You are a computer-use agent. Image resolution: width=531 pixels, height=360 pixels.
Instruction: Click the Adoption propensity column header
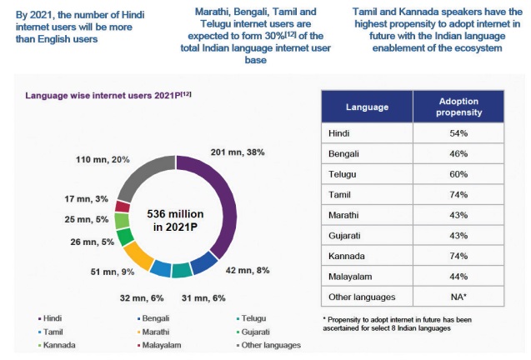458,107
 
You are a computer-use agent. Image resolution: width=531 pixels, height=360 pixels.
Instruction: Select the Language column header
367,107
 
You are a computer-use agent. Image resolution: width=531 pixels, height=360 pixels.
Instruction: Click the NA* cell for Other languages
458,297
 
